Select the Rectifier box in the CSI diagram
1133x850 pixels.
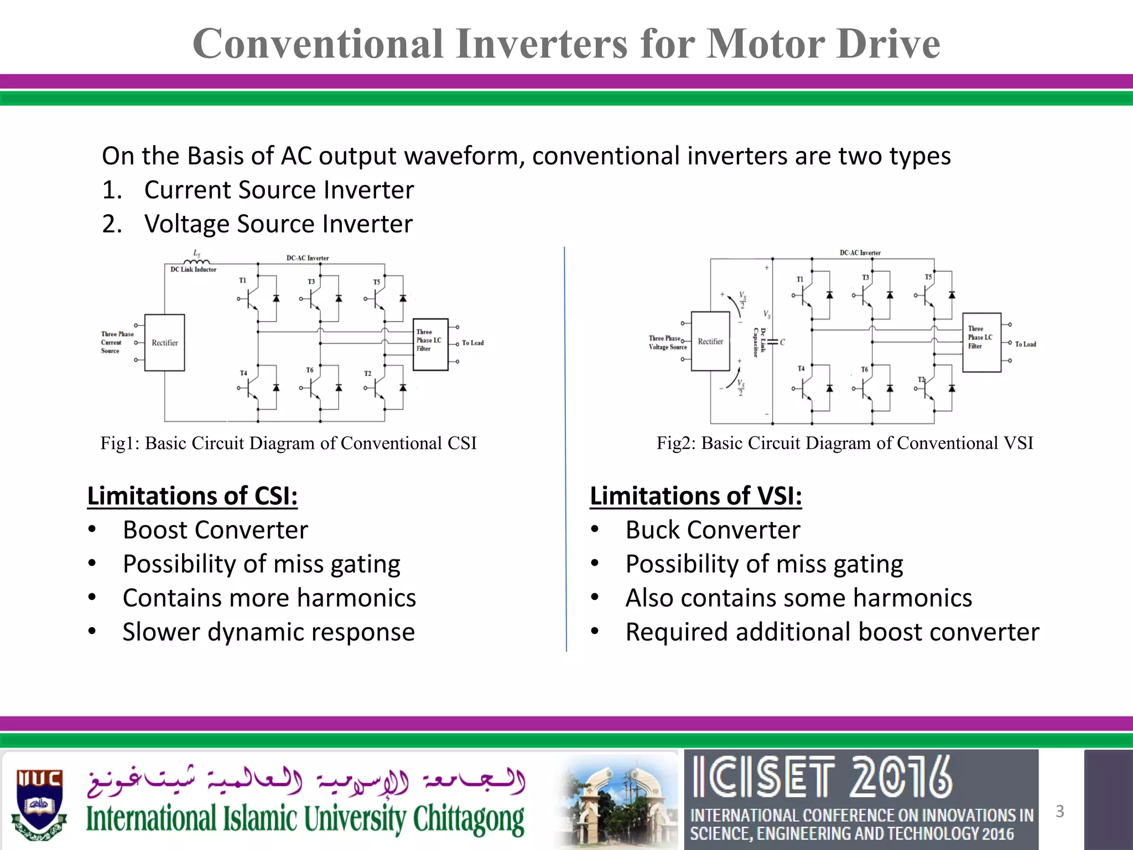pyautogui.click(x=164, y=343)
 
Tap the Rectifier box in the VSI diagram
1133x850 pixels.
pyautogui.click(x=710, y=341)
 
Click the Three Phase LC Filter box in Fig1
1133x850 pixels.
pyautogui.click(x=430, y=344)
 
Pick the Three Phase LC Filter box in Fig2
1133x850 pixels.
pyautogui.click(x=981, y=343)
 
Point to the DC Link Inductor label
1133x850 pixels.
pyautogui.click(x=193, y=269)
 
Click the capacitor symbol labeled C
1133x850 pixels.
pyautogui.click(x=773, y=342)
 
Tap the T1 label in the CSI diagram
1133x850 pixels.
pyautogui.click(x=243, y=281)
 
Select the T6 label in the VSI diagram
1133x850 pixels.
pyautogui.click(x=865, y=369)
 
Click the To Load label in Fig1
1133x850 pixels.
pyautogui.click(x=472, y=343)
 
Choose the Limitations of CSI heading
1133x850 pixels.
pyautogui.click(x=193, y=496)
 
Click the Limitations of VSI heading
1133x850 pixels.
pyautogui.click(x=695, y=496)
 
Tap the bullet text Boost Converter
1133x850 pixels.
pyautogui.click(x=215, y=530)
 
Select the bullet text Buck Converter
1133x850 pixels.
pyautogui.click(x=713, y=530)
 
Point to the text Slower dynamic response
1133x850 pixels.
pyautogui.click(x=269, y=632)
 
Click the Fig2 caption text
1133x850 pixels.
pyautogui.click(x=845, y=443)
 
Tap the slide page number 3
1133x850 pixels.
pyautogui.click(x=1059, y=811)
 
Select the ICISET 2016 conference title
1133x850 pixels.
pyautogui.click(x=823, y=778)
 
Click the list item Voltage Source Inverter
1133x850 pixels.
pyautogui.click(x=278, y=224)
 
